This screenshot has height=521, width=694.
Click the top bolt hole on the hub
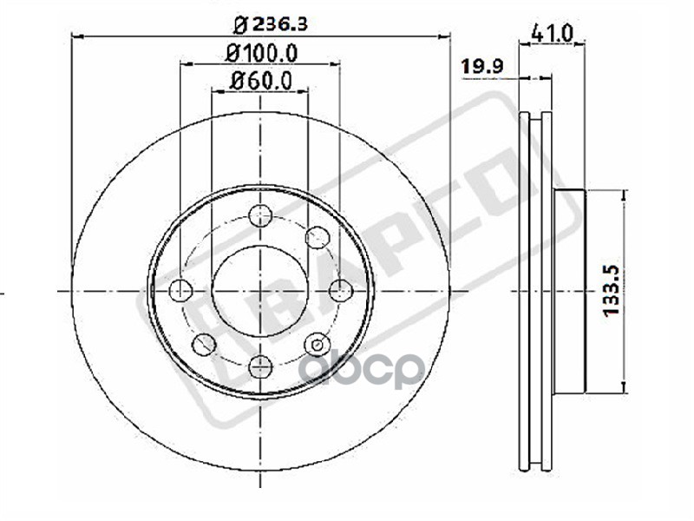coord(260,215)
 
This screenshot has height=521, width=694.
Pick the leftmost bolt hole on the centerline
coord(180,290)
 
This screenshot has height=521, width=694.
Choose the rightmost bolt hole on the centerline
coord(340,290)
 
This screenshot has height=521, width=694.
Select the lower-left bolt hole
coord(204,345)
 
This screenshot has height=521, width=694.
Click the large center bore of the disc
coord(260,290)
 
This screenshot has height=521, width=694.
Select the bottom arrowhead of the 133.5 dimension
coord(624,386)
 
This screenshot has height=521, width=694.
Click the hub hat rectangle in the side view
coord(569,291)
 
